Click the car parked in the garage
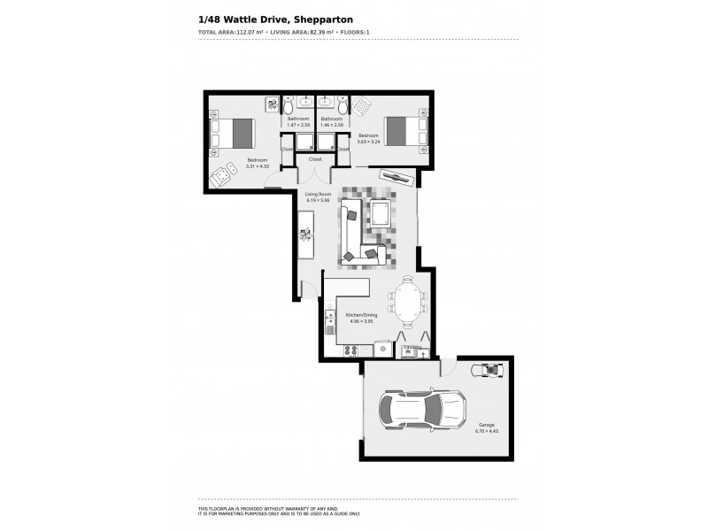coord(422,409)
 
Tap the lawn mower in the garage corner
coord(489,369)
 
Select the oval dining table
coord(407,302)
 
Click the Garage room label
coord(488,424)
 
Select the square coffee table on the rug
coord(381,213)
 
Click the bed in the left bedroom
coord(232,134)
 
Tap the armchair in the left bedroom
coord(220,178)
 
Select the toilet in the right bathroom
coord(343,107)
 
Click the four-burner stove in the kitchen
coord(350,349)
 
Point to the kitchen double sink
coord(330,321)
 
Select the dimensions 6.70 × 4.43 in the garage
coord(488,431)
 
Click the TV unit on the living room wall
coord(396,176)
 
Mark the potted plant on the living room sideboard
coord(305,235)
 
